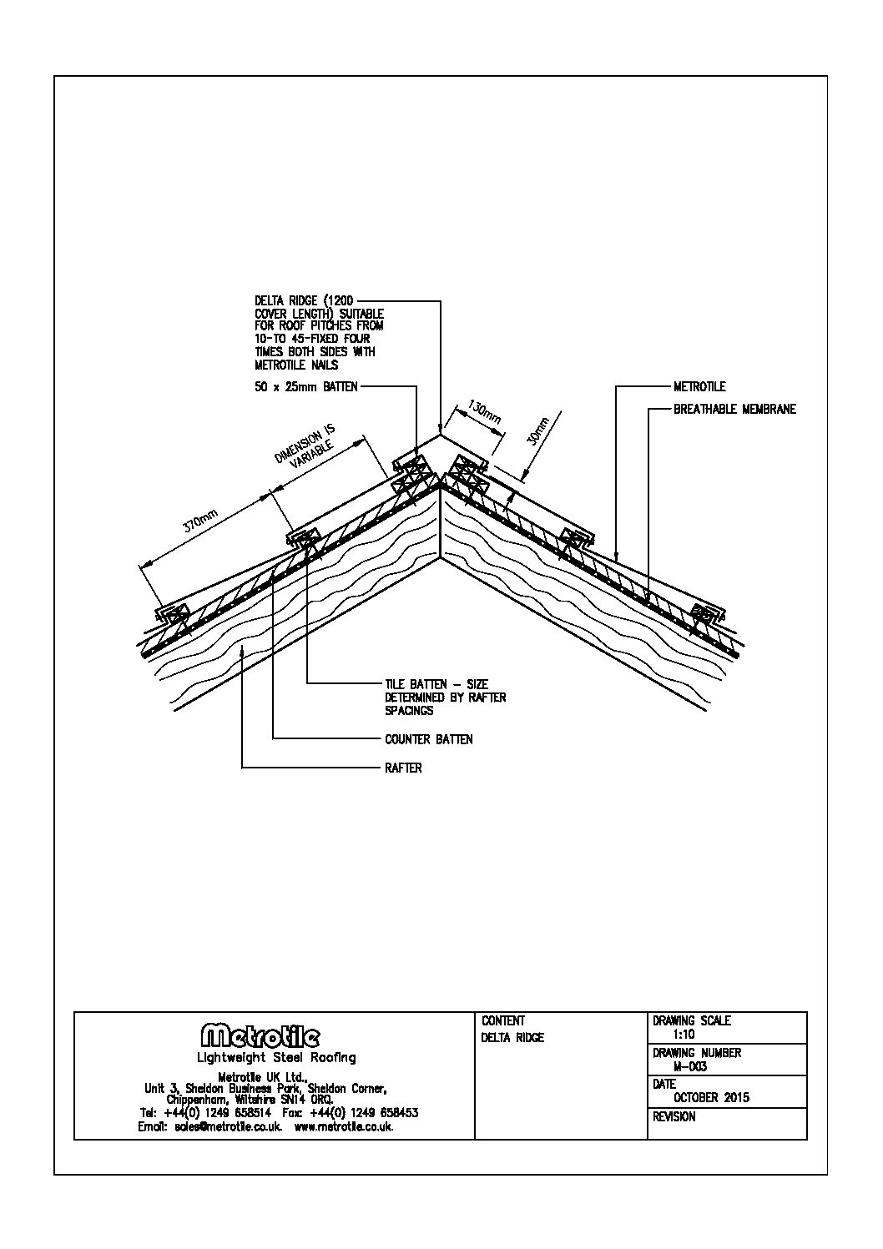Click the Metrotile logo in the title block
tap(260, 1036)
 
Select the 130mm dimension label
tap(482, 414)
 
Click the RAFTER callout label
tap(403, 768)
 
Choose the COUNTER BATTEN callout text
tap(428, 739)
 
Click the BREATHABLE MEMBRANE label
tap(734, 410)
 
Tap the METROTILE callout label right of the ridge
tap(699, 387)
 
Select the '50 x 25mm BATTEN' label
tap(305, 387)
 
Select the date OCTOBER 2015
tap(711, 1097)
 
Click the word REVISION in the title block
tap(674, 1116)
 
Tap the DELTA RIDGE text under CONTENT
tap(512, 1038)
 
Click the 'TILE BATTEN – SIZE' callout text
tap(436, 685)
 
